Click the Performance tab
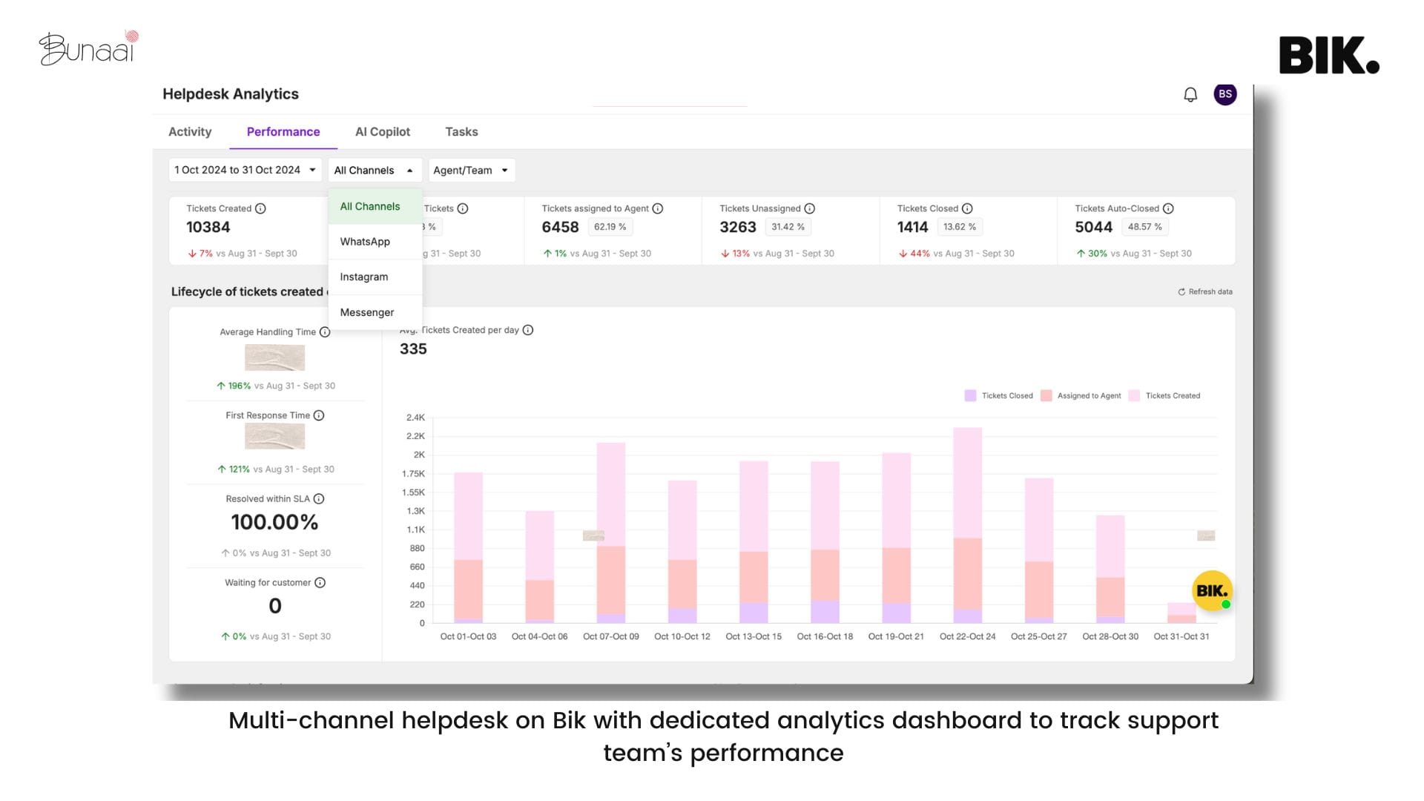(x=283, y=132)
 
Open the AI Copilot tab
(x=382, y=132)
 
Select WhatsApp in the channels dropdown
(x=365, y=242)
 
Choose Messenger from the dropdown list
(x=366, y=312)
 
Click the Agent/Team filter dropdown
(x=471, y=171)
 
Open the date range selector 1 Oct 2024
(x=245, y=171)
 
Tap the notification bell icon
(x=1190, y=95)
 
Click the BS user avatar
(x=1224, y=94)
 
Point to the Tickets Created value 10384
(x=208, y=228)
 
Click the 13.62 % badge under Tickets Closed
(x=959, y=227)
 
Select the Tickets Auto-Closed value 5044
(x=1093, y=228)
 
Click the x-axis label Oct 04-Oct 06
(x=539, y=637)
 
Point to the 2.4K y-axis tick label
(x=415, y=418)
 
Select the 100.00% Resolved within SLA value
(x=274, y=522)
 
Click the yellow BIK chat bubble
(x=1212, y=591)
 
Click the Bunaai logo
(x=88, y=48)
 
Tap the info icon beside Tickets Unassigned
(x=810, y=209)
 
